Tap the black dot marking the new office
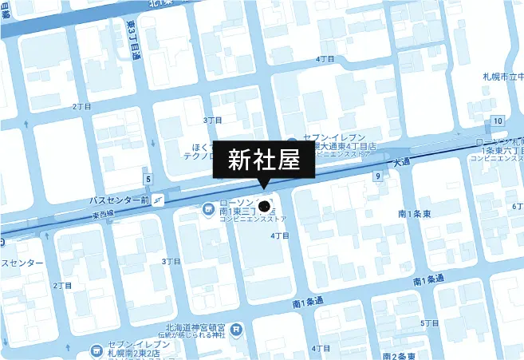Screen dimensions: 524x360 click(265, 206)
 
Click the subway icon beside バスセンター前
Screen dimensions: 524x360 click(160, 200)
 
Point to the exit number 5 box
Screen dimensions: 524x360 click(148, 178)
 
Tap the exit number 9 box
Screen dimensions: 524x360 click(376, 176)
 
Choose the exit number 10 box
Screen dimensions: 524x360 click(498, 121)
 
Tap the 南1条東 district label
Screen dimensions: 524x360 click(414, 215)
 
